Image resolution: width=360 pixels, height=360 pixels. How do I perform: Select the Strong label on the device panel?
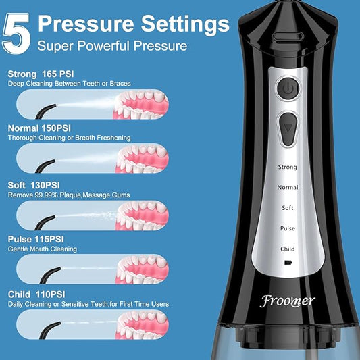(288, 165)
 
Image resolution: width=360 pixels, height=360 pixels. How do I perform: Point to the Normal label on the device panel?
(288, 186)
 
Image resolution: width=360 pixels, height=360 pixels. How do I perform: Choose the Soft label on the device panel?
(288, 207)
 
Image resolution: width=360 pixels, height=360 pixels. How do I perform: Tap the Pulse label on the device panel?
(288, 228)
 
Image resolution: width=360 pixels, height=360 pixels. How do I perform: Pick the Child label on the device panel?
(288, 249)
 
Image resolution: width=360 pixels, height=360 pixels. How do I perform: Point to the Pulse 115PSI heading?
(35, 239)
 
